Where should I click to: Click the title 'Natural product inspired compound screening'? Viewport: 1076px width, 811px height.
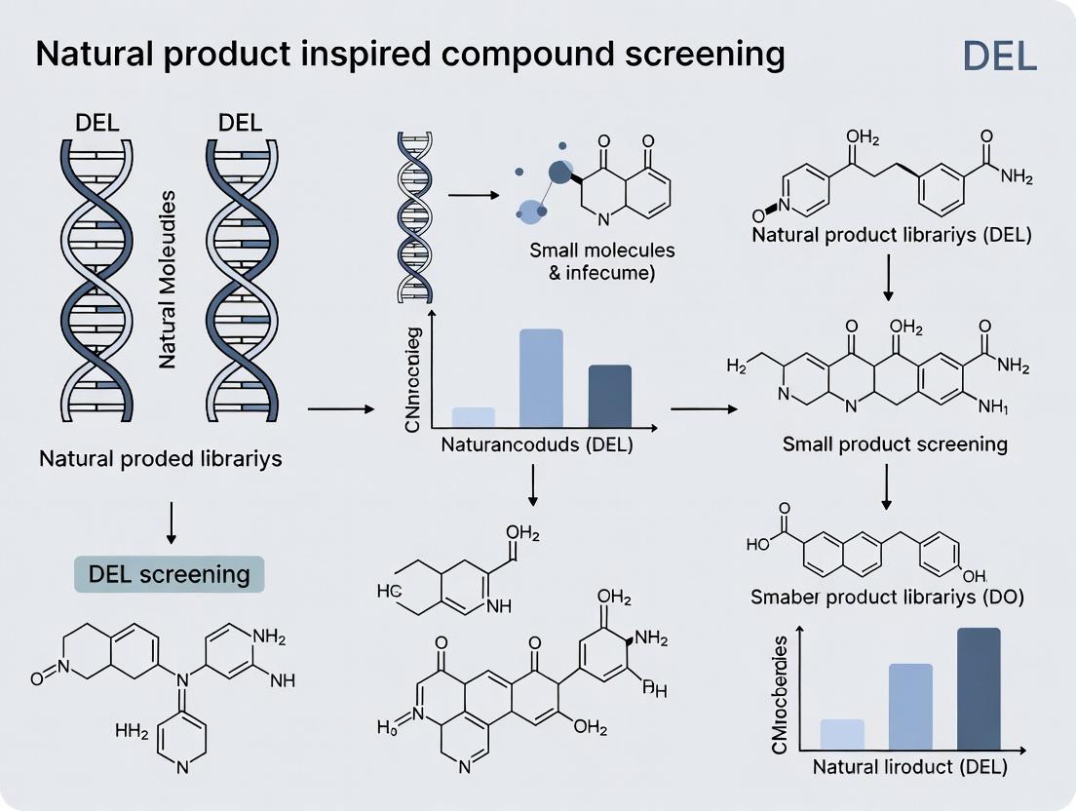(x=409, y=55)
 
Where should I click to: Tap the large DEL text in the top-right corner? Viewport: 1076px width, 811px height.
(x=999, y=57)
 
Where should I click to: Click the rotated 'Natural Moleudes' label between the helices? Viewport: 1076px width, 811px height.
(x=167, y=279)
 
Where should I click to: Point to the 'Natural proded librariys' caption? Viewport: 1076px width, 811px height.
(x=161, y=457)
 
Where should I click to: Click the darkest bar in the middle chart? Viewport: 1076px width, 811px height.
(x=610, y=396)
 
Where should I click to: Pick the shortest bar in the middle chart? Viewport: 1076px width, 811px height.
(x=474, y=417)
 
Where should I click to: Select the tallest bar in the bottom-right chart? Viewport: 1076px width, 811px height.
(x=979, y=688)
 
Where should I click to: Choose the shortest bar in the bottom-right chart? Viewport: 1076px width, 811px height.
(x=842, y=734)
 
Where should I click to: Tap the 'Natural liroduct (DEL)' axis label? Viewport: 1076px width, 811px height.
(x=909, y=767)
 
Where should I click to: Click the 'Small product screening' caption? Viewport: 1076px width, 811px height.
(x=895, y=444)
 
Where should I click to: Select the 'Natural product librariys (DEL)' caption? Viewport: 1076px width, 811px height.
(x=891, y=235)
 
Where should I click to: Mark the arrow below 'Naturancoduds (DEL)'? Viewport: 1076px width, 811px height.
(x=533, y=484)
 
